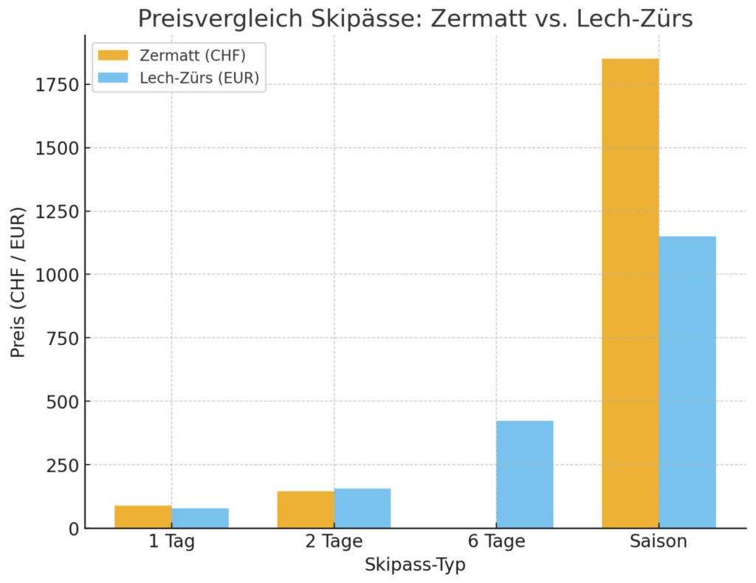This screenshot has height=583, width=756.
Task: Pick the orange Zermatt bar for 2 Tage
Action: click(306, 510)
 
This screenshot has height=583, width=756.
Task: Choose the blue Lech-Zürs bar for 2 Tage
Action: click(362, 508)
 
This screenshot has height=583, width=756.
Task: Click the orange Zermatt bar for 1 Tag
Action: click(143, 517)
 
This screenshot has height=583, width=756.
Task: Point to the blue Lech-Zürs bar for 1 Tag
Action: click(200, 518)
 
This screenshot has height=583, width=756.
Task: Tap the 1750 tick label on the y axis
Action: click(58, 85)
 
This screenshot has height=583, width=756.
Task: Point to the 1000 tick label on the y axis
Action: click(58, 275)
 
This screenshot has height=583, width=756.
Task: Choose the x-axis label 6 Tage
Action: click(496, 542)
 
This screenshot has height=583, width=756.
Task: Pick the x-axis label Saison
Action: click(659, 542)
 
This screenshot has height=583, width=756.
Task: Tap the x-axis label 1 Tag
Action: click(171, 542)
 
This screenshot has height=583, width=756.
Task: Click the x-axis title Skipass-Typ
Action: click(415, 565)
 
